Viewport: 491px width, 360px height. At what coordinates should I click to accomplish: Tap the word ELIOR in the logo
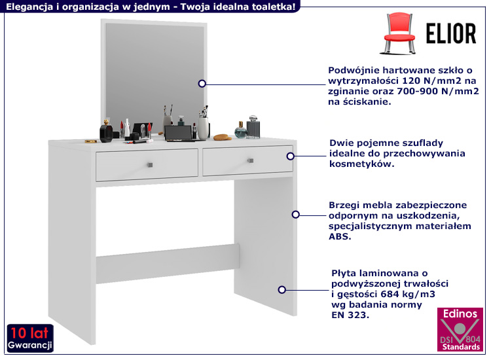tap(451, 33)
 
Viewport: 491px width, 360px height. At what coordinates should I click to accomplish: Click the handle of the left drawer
tap(150, 165)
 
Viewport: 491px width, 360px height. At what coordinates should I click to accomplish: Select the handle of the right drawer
tap(250, 160)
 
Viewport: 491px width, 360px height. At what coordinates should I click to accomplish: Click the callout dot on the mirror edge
tap(202, 84)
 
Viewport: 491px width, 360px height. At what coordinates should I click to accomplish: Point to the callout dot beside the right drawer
tap(290, 156)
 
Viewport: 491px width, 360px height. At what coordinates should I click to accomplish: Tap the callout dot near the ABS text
tap(295, 215)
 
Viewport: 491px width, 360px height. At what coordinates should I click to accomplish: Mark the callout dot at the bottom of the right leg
tap(282, 290)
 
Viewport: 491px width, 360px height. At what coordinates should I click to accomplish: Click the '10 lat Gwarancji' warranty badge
tap(30, 338)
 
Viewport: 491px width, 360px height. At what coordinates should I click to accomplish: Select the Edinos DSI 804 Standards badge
tap(460, 329)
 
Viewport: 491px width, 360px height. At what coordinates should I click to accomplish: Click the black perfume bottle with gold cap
tap(106, 131)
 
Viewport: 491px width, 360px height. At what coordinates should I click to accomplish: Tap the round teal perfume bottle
tap(241, 130)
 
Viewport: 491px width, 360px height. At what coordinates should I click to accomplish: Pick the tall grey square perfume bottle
tap(253, 127)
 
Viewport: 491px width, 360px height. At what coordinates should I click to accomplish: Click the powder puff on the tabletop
tap(223, 137)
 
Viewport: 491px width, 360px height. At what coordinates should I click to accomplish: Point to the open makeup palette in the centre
tap(179, 134)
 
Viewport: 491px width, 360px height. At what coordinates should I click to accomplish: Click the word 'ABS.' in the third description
tap(340, 236)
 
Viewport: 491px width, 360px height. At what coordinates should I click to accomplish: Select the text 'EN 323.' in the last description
tap(350, 315)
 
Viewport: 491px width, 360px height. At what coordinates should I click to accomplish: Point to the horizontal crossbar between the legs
tap(168, 264)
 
